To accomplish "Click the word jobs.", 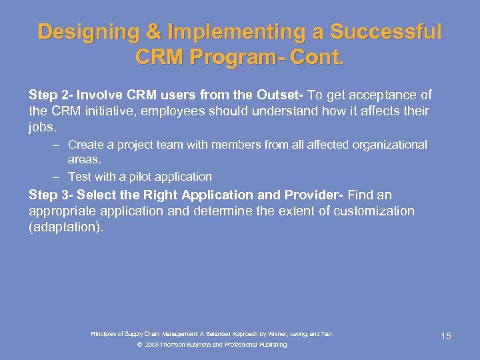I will pos(43,125).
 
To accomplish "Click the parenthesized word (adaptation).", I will pos(67,227).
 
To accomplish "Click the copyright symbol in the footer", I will pos(139,345).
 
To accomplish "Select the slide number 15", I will pos(445,336).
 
